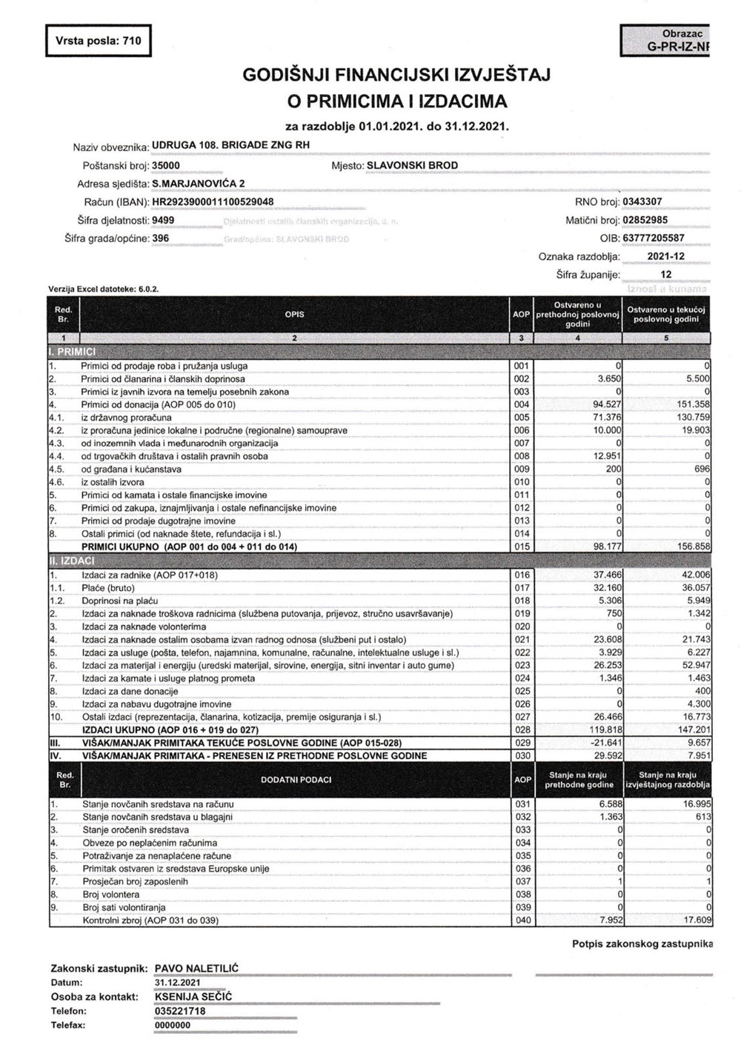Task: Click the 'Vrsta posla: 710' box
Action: (99, 41)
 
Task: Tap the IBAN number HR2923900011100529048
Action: (212, 201)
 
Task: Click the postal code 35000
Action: (166, 165)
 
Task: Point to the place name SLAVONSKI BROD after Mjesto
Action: (412, 165)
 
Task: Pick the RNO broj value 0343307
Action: (642, 201)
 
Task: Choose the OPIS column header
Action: (294, 314)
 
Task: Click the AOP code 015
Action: (522, 547)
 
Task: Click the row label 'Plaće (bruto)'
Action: (109, 588)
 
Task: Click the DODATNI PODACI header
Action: (294, 779)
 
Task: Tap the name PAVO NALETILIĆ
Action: (196, 968)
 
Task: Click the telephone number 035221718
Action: (180, 1010)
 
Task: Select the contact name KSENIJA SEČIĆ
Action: (193, 996)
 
